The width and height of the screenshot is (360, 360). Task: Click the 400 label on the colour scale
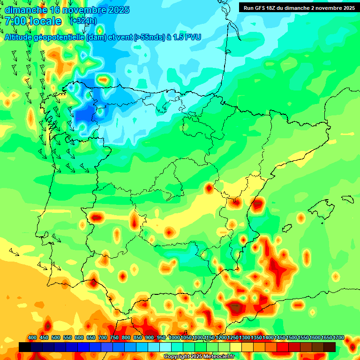coord(32,337)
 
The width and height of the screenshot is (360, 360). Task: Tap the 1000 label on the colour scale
coord(174,337)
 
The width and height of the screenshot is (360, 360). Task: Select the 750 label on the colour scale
coord(114,337)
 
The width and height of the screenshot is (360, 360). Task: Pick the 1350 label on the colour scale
coord(257,337)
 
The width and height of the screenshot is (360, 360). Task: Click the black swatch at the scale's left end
coord(25,347)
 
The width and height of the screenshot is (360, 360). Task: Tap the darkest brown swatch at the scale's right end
coord(330,347)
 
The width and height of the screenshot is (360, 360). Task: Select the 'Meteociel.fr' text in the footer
coord(218,357)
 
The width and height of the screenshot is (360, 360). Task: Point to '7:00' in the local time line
coord(15,21)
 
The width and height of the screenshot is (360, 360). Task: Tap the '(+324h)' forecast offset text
coord(83,21)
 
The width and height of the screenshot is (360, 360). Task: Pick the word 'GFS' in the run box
coord(257,7)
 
